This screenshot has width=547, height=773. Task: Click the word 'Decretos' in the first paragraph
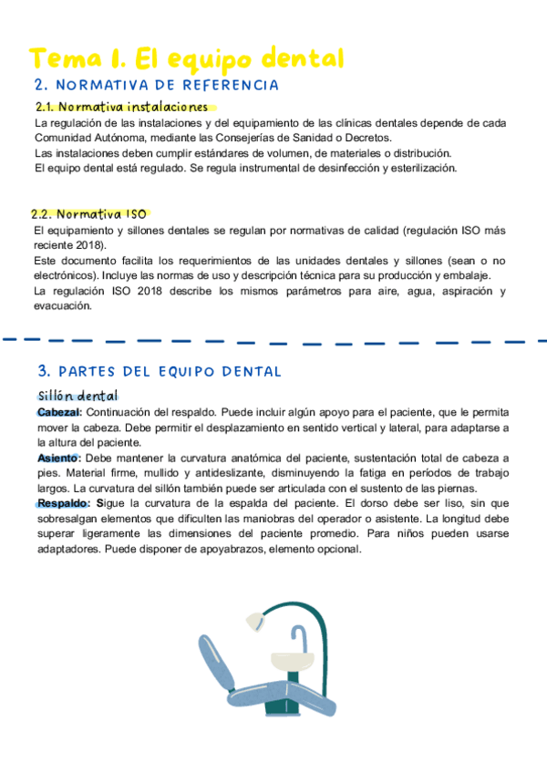click(x=367, y=138)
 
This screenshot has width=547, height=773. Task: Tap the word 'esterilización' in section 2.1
click(x=423, y=168)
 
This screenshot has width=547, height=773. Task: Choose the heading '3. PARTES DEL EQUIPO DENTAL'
click(x=160, y=372)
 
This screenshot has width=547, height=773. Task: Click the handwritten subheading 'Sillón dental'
click(x=77, y=395)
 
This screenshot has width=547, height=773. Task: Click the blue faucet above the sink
click(x=298, y=634)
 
